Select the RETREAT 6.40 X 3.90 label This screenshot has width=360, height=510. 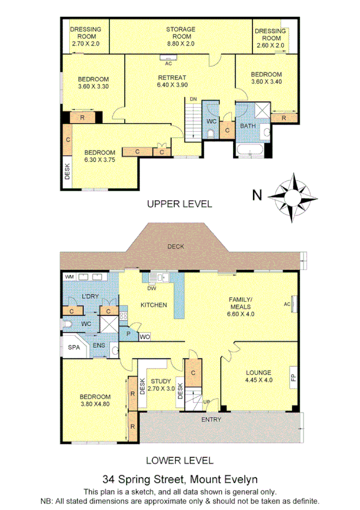(172, 81)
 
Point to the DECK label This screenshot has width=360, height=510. (176, 247)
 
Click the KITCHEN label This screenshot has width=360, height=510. (153, 305)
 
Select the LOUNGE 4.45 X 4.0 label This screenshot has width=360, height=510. (258, 376)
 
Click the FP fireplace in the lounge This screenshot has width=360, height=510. (293, 378)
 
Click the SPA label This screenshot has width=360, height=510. (75, 348)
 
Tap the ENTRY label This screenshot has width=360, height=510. (212, 419)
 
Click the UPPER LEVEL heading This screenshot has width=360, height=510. (180, 204)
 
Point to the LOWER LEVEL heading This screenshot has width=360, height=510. (180, 461)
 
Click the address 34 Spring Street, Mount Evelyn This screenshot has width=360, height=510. (180, 479)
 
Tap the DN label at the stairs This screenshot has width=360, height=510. (193, 99)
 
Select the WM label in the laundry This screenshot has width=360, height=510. (69, 276)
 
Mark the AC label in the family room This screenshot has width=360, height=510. (287, 304)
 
